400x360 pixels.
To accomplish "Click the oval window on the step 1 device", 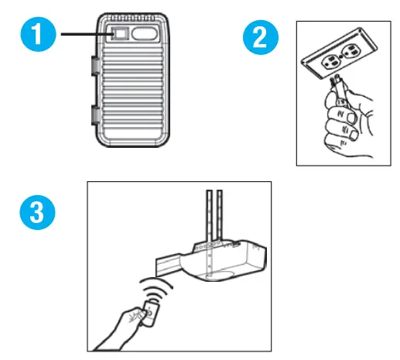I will click(145, 36).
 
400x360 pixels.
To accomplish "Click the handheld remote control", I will click(152, 312).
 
